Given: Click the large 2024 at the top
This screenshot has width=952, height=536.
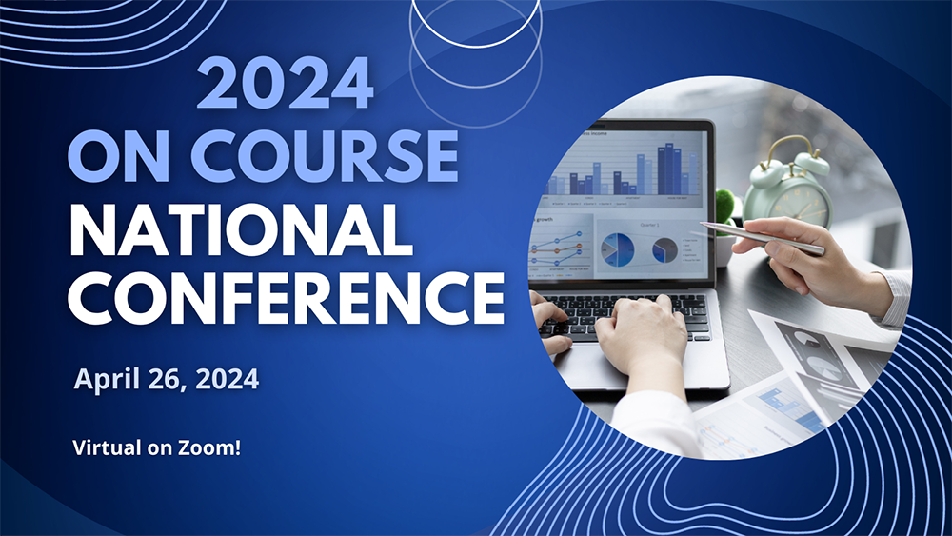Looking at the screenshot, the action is tap(285, 83).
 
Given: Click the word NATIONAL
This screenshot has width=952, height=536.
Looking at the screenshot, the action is tap(241, 229).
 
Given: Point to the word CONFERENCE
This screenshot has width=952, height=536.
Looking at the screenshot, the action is tap(286, 297).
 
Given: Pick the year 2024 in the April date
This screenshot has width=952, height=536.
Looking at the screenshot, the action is tap(228, 379).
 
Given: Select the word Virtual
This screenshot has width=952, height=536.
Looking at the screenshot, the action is tap(107, 448).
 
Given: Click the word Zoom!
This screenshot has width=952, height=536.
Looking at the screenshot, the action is tap(209, 448).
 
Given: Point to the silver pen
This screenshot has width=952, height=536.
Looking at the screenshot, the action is tap(762, 237).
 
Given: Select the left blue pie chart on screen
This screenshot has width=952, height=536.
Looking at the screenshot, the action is tap(618, 250).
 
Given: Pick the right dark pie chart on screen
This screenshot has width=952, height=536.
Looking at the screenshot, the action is tap(664, 250).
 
